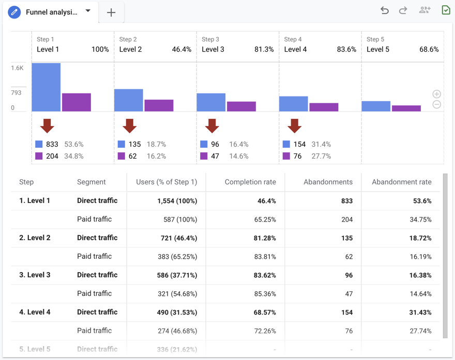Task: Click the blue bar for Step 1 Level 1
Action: [x=46, y=87]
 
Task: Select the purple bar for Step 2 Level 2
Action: [x=159, y=105]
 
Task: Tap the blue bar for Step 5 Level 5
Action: [x=376, y=106]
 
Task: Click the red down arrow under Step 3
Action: [x=212, y=126]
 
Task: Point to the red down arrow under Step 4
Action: [x=295, y=126]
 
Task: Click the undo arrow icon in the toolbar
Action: [x=384, y=10]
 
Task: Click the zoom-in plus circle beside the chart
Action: [x=437, y=94]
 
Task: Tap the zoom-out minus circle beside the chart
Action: [x=437, y=104]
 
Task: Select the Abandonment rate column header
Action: [x=401, y=182]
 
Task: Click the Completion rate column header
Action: [x=250, y=182]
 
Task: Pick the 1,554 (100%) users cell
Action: [x=177, y=201]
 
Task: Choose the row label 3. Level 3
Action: [x=35, y=275]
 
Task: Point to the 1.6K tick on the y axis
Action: [x=17, y=68]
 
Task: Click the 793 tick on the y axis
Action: [x=16, y=93]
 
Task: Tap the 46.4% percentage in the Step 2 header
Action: [x=181, y=50]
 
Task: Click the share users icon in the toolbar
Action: [x=424, y=10]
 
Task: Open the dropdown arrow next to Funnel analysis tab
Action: [x=88, y=11]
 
